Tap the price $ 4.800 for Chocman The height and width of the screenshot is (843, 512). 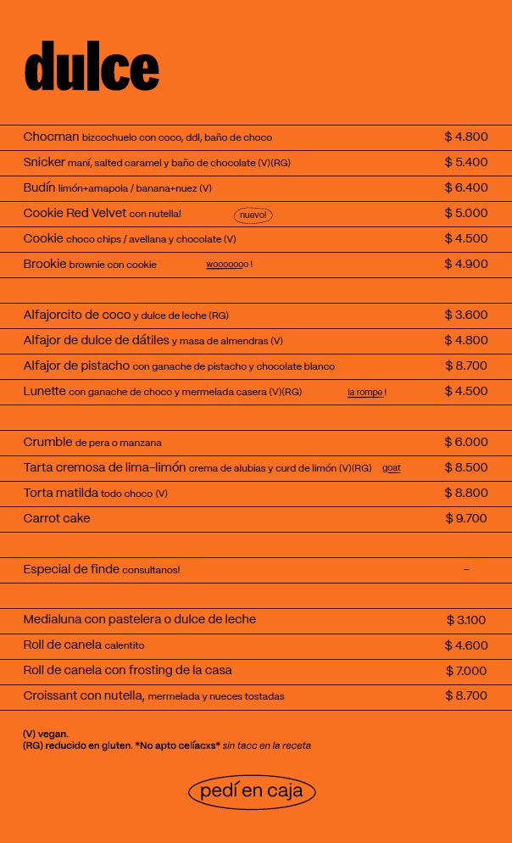(466, 137)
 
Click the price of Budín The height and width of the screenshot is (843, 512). (466, 187)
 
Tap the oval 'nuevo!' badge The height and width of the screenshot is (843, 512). (253, 215)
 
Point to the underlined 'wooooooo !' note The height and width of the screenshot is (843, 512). (229, 265)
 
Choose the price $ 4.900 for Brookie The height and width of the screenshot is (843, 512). (466, 264)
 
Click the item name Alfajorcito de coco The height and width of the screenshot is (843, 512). (77, 315)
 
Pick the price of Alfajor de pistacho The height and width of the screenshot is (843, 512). (466, 366)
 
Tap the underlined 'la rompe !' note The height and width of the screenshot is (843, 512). (366, 393)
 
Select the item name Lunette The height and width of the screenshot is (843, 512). (45, 391)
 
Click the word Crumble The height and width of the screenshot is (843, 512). (47, 442)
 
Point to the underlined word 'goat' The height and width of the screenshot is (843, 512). (392, 468)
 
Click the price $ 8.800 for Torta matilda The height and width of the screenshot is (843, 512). (466, 493)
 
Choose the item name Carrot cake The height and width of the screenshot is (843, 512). (57, 518)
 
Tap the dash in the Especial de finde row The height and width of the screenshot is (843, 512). (466, 569)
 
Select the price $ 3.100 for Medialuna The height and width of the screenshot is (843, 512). (466, 620)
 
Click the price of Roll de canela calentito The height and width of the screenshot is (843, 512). (466, 645)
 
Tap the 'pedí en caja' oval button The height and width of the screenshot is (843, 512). (252, 792)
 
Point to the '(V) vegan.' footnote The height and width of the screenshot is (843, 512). (46, 734)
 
